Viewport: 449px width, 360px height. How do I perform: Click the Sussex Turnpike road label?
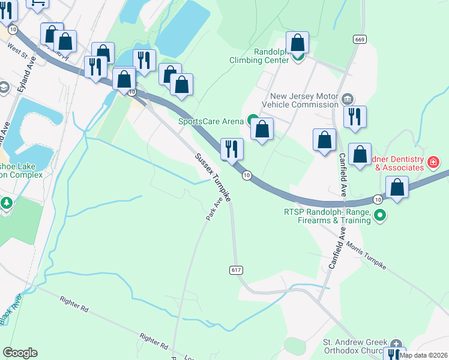pos(212,178)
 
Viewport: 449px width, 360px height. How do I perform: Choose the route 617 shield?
pos(236,270)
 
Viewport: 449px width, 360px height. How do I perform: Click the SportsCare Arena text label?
pos(210,121)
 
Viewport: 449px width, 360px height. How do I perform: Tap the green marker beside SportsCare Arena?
pos(253,121)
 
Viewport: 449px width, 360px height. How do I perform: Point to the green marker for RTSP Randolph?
pos(379,215)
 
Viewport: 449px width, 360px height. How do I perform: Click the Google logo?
pos(20,353)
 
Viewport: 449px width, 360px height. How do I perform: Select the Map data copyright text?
pos(424,355)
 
